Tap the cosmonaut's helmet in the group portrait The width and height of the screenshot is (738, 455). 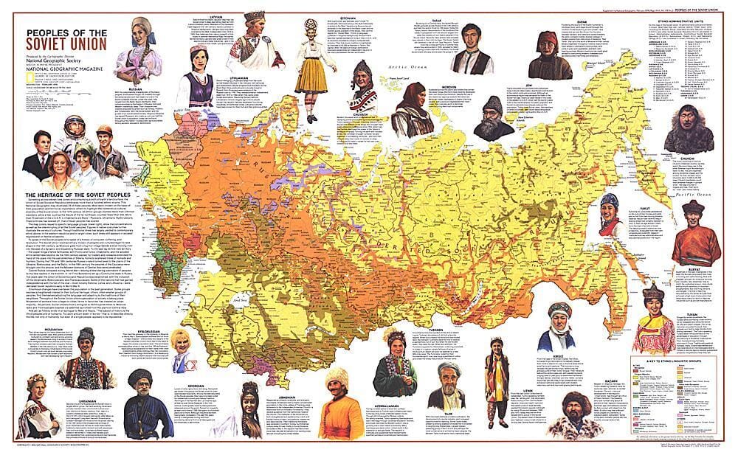pos(72,128)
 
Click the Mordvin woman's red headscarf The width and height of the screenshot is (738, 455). pos(412,94)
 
